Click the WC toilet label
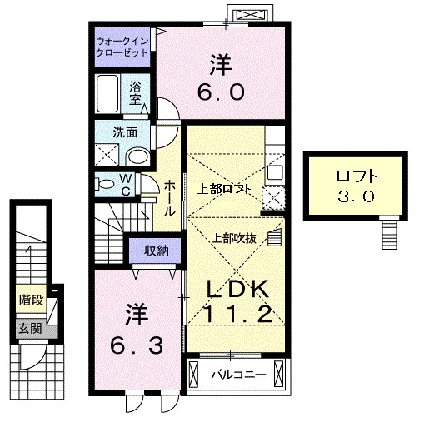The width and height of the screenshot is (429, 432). click(x=123, y=182)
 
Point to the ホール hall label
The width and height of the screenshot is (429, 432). click(x=169, y=198)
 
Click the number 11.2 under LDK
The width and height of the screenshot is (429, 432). click(x=237, y=315)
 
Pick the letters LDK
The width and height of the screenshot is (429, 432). click(x=237, y=287)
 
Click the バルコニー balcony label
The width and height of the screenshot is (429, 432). click(x=237, y=375)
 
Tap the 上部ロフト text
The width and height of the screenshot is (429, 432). click(x=224, y=187)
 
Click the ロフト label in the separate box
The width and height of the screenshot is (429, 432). click(x=357, y=176)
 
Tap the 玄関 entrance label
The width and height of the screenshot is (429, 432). click(x=31, y=328)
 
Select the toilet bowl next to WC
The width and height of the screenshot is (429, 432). click(x=105, y=182)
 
